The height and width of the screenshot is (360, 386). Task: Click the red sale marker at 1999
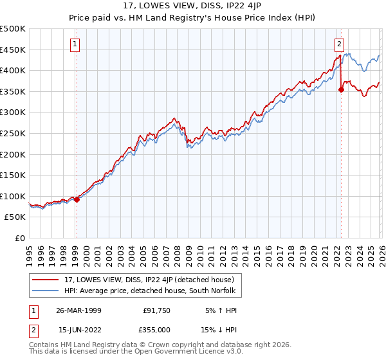pyautogui.click(x=77, y=199)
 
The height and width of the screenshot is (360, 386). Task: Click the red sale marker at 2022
pyautogui.click(x=340, y=90)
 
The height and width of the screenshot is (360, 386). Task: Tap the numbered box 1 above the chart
pyautogui.click(x=76, y=44)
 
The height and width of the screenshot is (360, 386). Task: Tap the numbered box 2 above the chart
pyautogui.click(x=339, y=44)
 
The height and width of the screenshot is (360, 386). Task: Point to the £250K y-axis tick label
pyautogui.click(x=13, y=133)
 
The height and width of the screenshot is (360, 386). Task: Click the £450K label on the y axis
pyautogui.click(x=13, y=50)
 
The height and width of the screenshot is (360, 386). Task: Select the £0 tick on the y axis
pyautogui.click(x=21, y=239)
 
